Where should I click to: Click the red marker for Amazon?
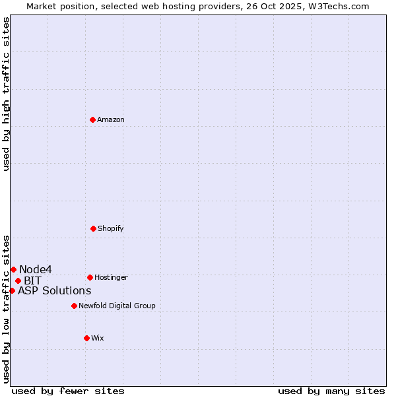click(93, 119)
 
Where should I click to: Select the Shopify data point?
click(93, 228)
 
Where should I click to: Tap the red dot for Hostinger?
click(90, 277)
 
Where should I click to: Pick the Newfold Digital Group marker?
click(74, 306)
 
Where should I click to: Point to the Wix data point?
click(86, 338)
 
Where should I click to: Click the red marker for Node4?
click(13, 269)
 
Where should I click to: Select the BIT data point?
click(18, 280)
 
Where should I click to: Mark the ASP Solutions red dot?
click(12, 290)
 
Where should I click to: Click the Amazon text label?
click(111, 119)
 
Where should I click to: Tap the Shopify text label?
click(111, 228)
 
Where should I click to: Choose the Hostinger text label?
click(111, 277)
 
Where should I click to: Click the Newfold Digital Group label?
click(117, 306)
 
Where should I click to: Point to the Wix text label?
click(98, 338)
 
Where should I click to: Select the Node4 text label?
click(36, 269)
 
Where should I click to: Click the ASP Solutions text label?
click(55, 290)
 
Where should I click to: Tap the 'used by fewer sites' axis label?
click(68, 391)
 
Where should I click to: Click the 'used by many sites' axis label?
click(331, 391)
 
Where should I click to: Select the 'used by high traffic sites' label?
click(6, 93)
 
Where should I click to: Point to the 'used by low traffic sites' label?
click(6, 309)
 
